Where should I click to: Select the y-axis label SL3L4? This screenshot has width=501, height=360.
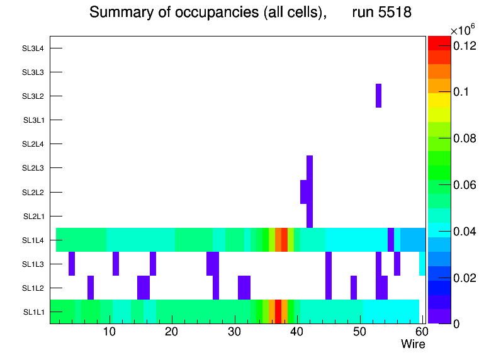tap(33, 48)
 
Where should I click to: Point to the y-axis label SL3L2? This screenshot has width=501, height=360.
tap(33, 96)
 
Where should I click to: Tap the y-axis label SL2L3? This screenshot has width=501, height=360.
tap(33, 168)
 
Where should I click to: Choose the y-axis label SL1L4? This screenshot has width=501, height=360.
tap(33, 240)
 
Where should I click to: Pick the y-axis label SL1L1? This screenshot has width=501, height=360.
tap(33, 312)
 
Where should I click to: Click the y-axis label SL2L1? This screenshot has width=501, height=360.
tap(33, 217)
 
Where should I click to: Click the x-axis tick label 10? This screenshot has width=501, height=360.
tap(110, 332)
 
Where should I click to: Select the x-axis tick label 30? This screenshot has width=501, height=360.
tap(234, 332)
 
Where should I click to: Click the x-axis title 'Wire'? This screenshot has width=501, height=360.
tap(413, 344)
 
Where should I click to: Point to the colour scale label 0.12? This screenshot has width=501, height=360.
tap(464, 46)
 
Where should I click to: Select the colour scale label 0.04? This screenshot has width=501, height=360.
tap(464, 232)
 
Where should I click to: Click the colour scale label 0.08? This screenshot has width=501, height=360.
tap(464, 138)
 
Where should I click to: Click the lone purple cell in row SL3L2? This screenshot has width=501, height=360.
tap(378, 96)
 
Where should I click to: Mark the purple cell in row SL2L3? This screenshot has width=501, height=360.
tap(310, 167)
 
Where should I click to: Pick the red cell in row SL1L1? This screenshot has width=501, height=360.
tap(278, 312)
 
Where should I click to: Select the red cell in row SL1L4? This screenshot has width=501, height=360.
tap(284, 240)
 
